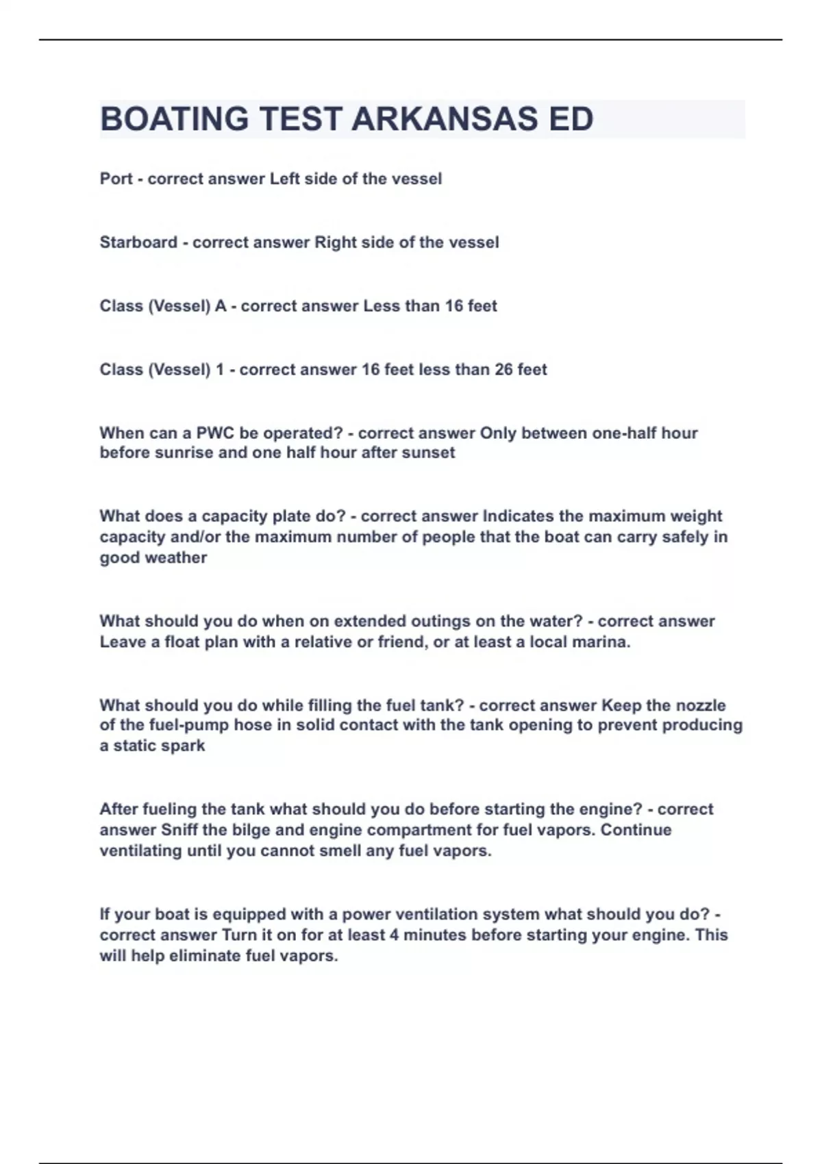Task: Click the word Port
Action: [x=116, y=179]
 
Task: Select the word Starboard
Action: [x=138, y=242]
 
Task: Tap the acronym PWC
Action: [x=215, y=433]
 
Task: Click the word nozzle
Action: [x=701, y=705]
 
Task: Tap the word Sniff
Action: [x=179, y=830]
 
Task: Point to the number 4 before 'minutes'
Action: [x=394, y=935]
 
